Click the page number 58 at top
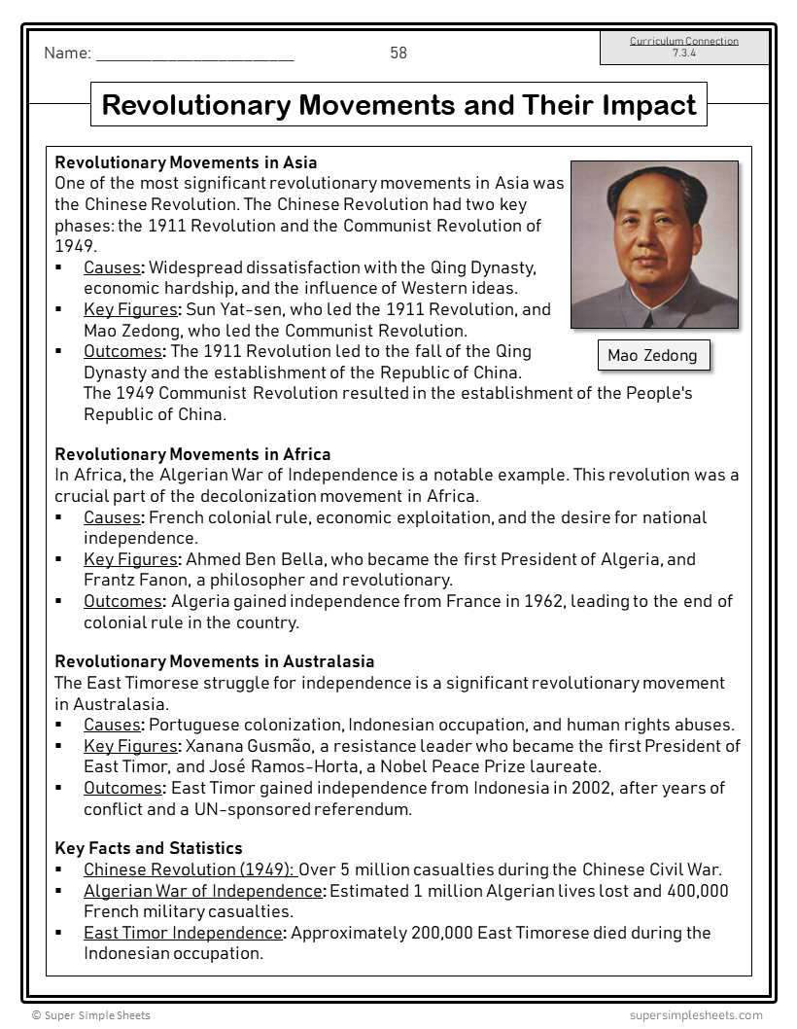click(x=398, y=53)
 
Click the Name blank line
click(x=194, y=56)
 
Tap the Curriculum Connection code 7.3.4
click(x=684, y=53)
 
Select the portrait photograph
click(x=654, y=244)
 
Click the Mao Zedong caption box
click(x=652, y=355)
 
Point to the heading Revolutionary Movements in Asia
click(x=186, y=162)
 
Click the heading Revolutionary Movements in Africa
click(x=192, y=454)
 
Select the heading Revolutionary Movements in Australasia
click(x=214, y=662)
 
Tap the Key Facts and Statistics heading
click(x=149, y=849)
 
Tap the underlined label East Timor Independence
click(x=183, y=933)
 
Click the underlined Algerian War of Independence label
click(x=202, y=891)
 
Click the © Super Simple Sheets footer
click(x=91, y=1015)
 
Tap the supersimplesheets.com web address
click(x=696, y=1015)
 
